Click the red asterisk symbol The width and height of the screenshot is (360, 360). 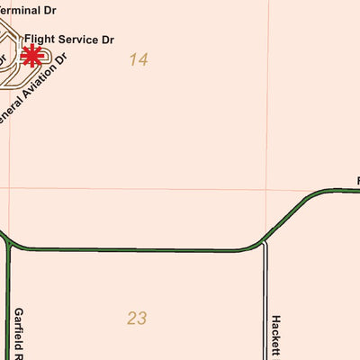31,57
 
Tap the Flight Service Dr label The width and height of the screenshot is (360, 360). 69,40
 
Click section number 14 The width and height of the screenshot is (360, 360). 138,60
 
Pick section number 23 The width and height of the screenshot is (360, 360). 137,318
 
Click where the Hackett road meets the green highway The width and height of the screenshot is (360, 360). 265,241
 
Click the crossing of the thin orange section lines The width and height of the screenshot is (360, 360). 266,189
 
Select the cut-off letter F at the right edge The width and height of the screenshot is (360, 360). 357,181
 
